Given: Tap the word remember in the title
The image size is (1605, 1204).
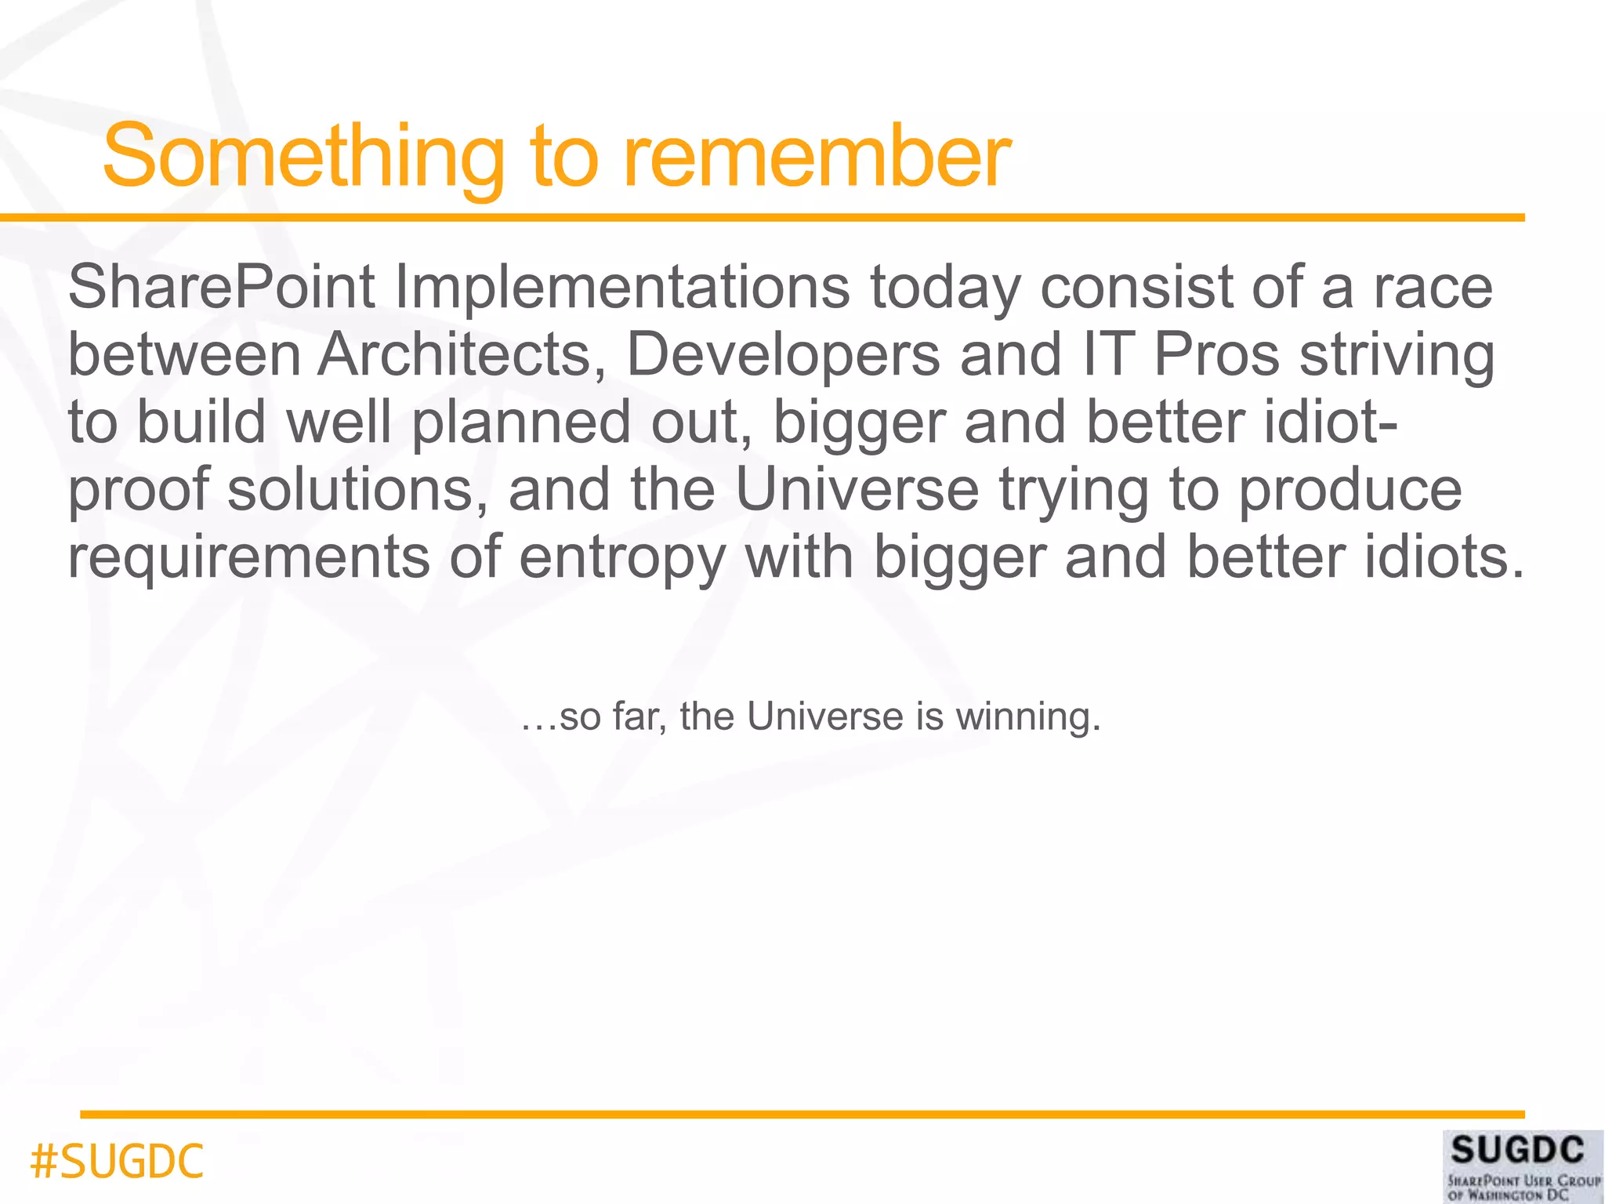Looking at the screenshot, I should click(817, 157).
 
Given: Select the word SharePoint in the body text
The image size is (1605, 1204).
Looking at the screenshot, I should click(222, 288).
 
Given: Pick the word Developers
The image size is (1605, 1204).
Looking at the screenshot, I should click(783, 355).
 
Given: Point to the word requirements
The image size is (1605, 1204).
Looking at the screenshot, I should click(249, 558).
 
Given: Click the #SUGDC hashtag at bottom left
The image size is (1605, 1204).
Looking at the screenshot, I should click(117, 1162).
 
